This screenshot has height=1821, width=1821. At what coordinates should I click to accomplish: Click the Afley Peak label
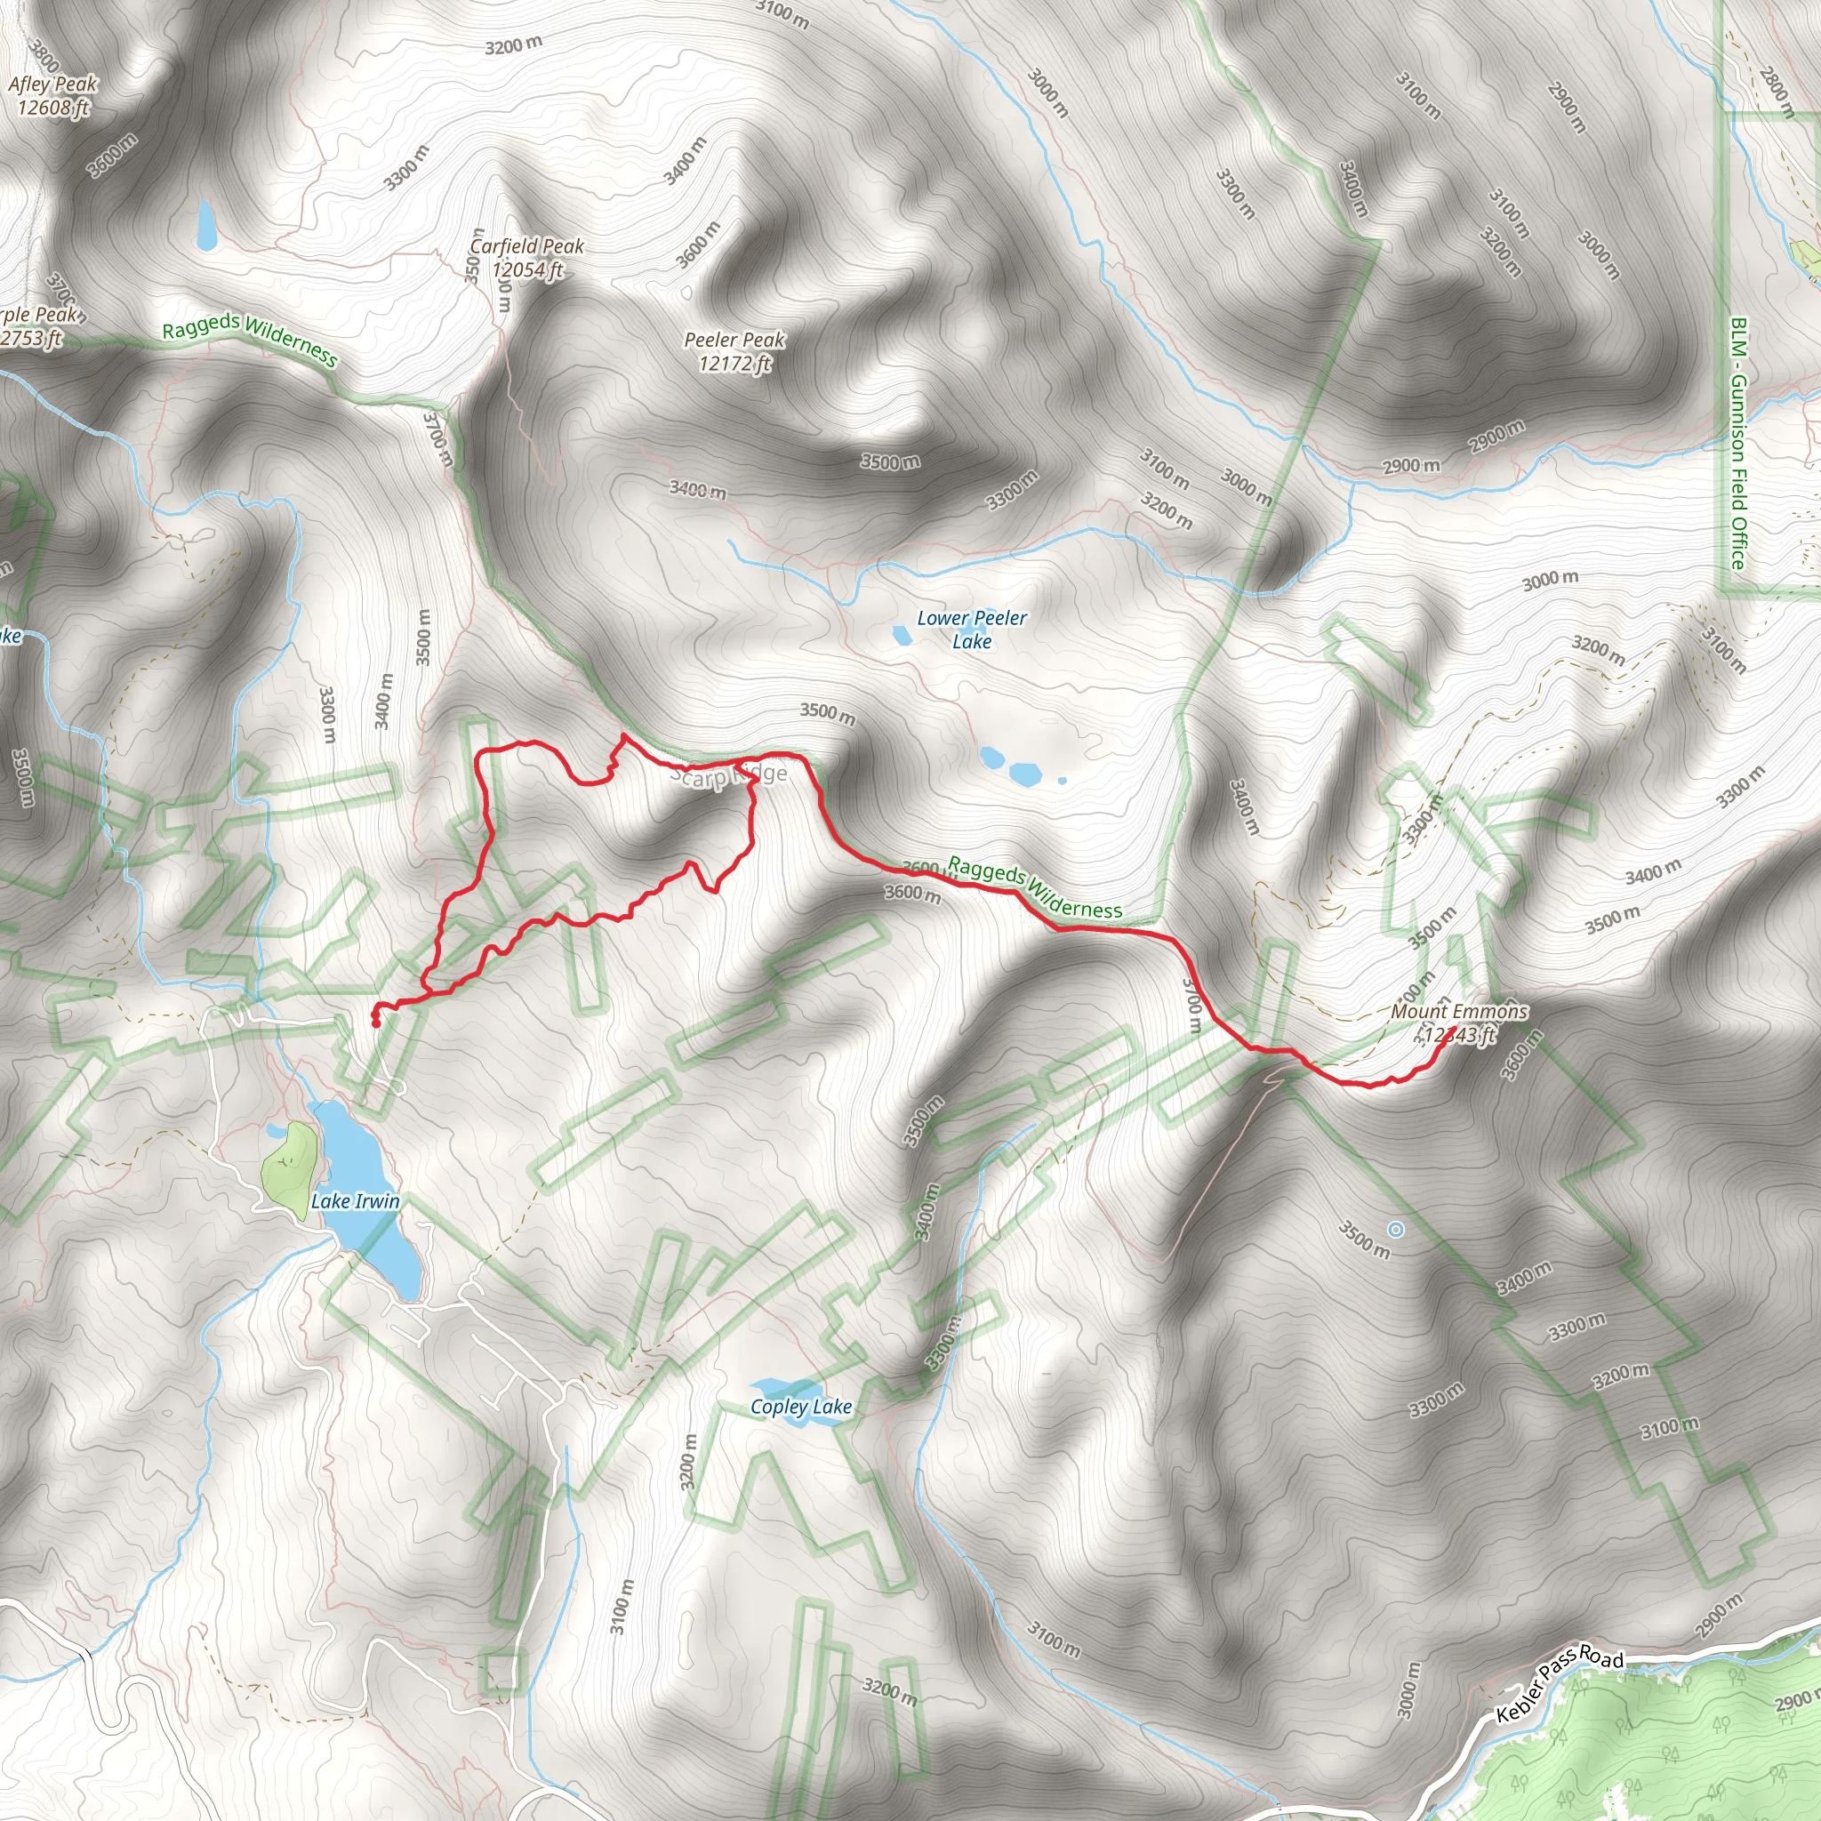click(52, 84)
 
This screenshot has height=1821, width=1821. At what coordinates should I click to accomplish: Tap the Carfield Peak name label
click(527, 246)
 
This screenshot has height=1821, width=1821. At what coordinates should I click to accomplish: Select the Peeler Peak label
click(734, 340)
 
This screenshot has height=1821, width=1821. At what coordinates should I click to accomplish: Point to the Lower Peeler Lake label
click(972, 630)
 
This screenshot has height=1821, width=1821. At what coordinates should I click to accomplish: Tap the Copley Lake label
click(801, 1408)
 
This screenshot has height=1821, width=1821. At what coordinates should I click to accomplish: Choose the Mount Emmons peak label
click(1459, 1011)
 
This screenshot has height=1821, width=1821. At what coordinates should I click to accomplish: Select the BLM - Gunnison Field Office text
click(1739, 443)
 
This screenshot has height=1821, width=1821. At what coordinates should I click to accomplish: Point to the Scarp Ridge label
click(728, 775)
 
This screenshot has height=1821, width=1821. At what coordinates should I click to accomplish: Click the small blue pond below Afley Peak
click(205, 226)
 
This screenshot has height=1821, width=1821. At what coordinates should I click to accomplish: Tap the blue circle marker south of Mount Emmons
click(1396, 1229)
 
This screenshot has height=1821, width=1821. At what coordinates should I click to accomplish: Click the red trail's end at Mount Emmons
click(1456, 1027)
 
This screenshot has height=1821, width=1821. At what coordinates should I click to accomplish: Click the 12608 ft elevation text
click(52, 108)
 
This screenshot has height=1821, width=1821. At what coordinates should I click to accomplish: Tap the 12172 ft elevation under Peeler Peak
click(734, 363)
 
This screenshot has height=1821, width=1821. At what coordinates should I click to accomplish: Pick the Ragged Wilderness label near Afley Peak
click(250, 340)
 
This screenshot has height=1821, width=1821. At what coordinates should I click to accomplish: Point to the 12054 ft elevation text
click(527, 269)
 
